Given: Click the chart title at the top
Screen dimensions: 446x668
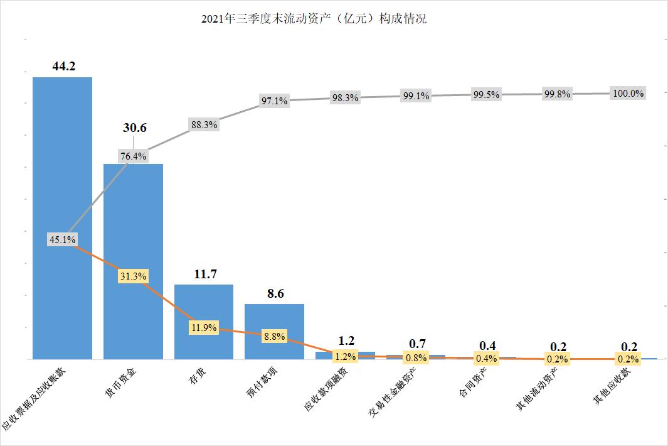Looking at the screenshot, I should (314, 19).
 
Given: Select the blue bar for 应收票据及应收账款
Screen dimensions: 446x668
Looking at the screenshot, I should (62, 157).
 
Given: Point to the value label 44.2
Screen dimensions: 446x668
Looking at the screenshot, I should (64, 66).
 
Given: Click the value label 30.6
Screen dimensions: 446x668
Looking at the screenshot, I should (134, 128).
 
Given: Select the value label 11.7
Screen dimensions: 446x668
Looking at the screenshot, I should (205, 274).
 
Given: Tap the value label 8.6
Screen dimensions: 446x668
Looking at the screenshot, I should (274, 293).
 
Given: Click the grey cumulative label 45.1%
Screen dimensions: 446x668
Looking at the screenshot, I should (62, 239).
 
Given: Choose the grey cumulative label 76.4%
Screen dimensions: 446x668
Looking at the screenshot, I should (133, 156).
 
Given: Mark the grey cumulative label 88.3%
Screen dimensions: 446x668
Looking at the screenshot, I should (203, 125).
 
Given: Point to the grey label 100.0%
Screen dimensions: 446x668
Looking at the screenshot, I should (628, 93).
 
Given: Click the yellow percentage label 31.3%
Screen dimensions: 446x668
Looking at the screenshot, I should (133, 276).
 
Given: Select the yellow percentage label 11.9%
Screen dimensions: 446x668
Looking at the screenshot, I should (203, 327).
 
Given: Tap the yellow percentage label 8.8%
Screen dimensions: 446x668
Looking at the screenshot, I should (274, 337).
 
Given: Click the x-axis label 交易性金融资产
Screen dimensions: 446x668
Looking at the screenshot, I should (391, 394).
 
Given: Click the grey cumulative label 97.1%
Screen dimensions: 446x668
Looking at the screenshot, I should (274, 101).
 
